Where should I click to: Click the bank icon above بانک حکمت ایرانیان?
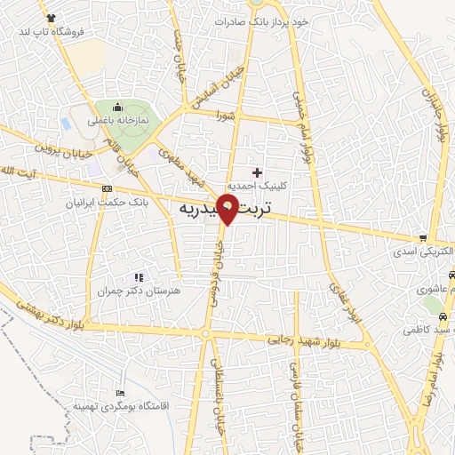108,188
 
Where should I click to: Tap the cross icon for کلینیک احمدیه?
258,172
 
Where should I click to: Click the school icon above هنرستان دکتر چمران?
138,277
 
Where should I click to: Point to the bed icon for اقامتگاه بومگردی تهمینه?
121,393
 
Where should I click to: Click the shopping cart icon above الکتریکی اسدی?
423,238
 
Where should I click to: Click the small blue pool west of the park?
66,122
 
